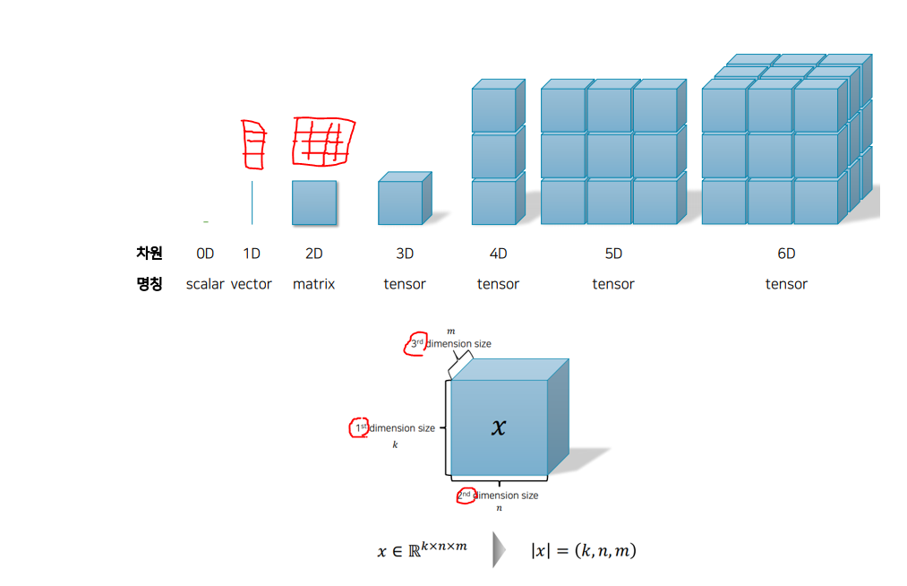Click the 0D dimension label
[205, 254]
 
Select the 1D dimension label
[252, 254]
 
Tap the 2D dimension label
[313, 254]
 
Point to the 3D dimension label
[405, 254]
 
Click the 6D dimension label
[786, 254]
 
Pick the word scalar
[205, 284]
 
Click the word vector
[252, 284]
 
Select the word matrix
[313, 284]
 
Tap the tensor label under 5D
[613, 284]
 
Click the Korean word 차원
[149, 254]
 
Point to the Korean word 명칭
[149, 284]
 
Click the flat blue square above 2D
[314, 203]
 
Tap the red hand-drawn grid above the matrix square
[323, 142]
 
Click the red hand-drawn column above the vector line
[254, 143]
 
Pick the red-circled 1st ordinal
[360, 428]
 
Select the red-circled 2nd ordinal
[465, 496]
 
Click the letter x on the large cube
[499, 427]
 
